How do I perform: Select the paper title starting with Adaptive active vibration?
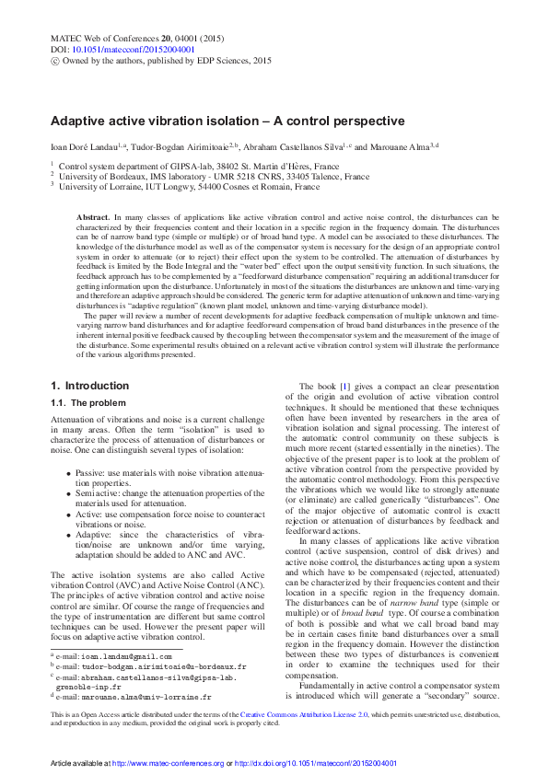pyautogui.click(x=227, y=121)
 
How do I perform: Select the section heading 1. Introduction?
pyautogui.click(x=89, y=385)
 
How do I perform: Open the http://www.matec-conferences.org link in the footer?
pyautogui.click(x=168, y=764)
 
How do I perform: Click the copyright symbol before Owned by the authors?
pyautogui.click(x=53, y=61)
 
